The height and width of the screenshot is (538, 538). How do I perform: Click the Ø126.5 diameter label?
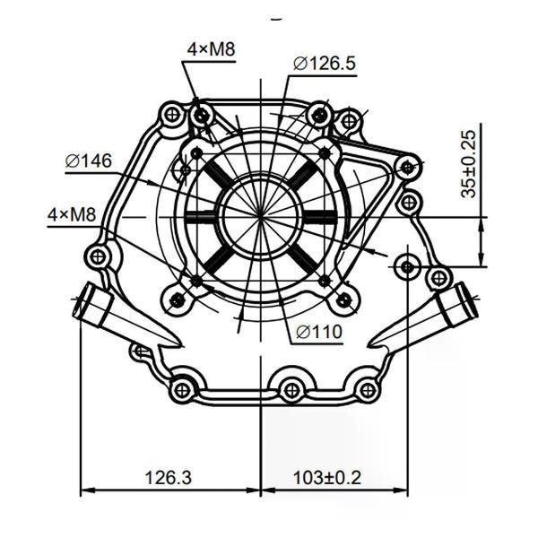(x=325, y=64)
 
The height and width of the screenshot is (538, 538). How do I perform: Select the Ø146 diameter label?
(x=89, y=161)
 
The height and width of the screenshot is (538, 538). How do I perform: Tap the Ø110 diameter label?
(x=319, y=332)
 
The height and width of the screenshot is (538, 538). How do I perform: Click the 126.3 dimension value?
(x=169, y=478)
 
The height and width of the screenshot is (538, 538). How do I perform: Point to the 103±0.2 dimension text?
(x=327, y=478)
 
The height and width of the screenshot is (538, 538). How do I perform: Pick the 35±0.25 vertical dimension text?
(x=469, y=164)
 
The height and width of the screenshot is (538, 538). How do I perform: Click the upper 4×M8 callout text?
(x=211, y=49)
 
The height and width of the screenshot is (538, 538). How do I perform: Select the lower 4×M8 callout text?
(x=72, y=215)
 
